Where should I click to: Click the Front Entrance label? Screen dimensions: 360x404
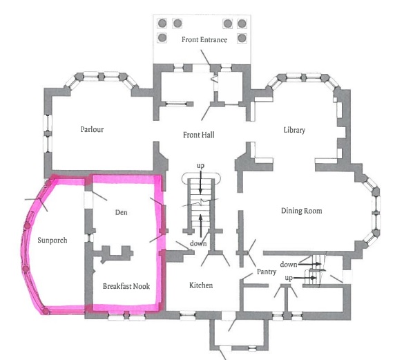(204, 39)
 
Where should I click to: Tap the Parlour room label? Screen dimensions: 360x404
(91, 129)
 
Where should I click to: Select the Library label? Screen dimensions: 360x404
(294, 130)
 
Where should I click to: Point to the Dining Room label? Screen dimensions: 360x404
(302, 210)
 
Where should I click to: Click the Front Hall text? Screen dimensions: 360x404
(198, 134)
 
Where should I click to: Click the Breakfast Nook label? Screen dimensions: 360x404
(126, 285)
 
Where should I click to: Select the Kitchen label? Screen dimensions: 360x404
(201, 285)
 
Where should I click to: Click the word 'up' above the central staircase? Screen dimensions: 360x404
(200, 167)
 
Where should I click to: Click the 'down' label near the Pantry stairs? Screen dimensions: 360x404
(289, 265)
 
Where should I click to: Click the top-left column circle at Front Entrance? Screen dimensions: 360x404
(162, 23)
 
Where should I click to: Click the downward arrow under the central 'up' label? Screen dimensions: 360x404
(200, 184)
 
